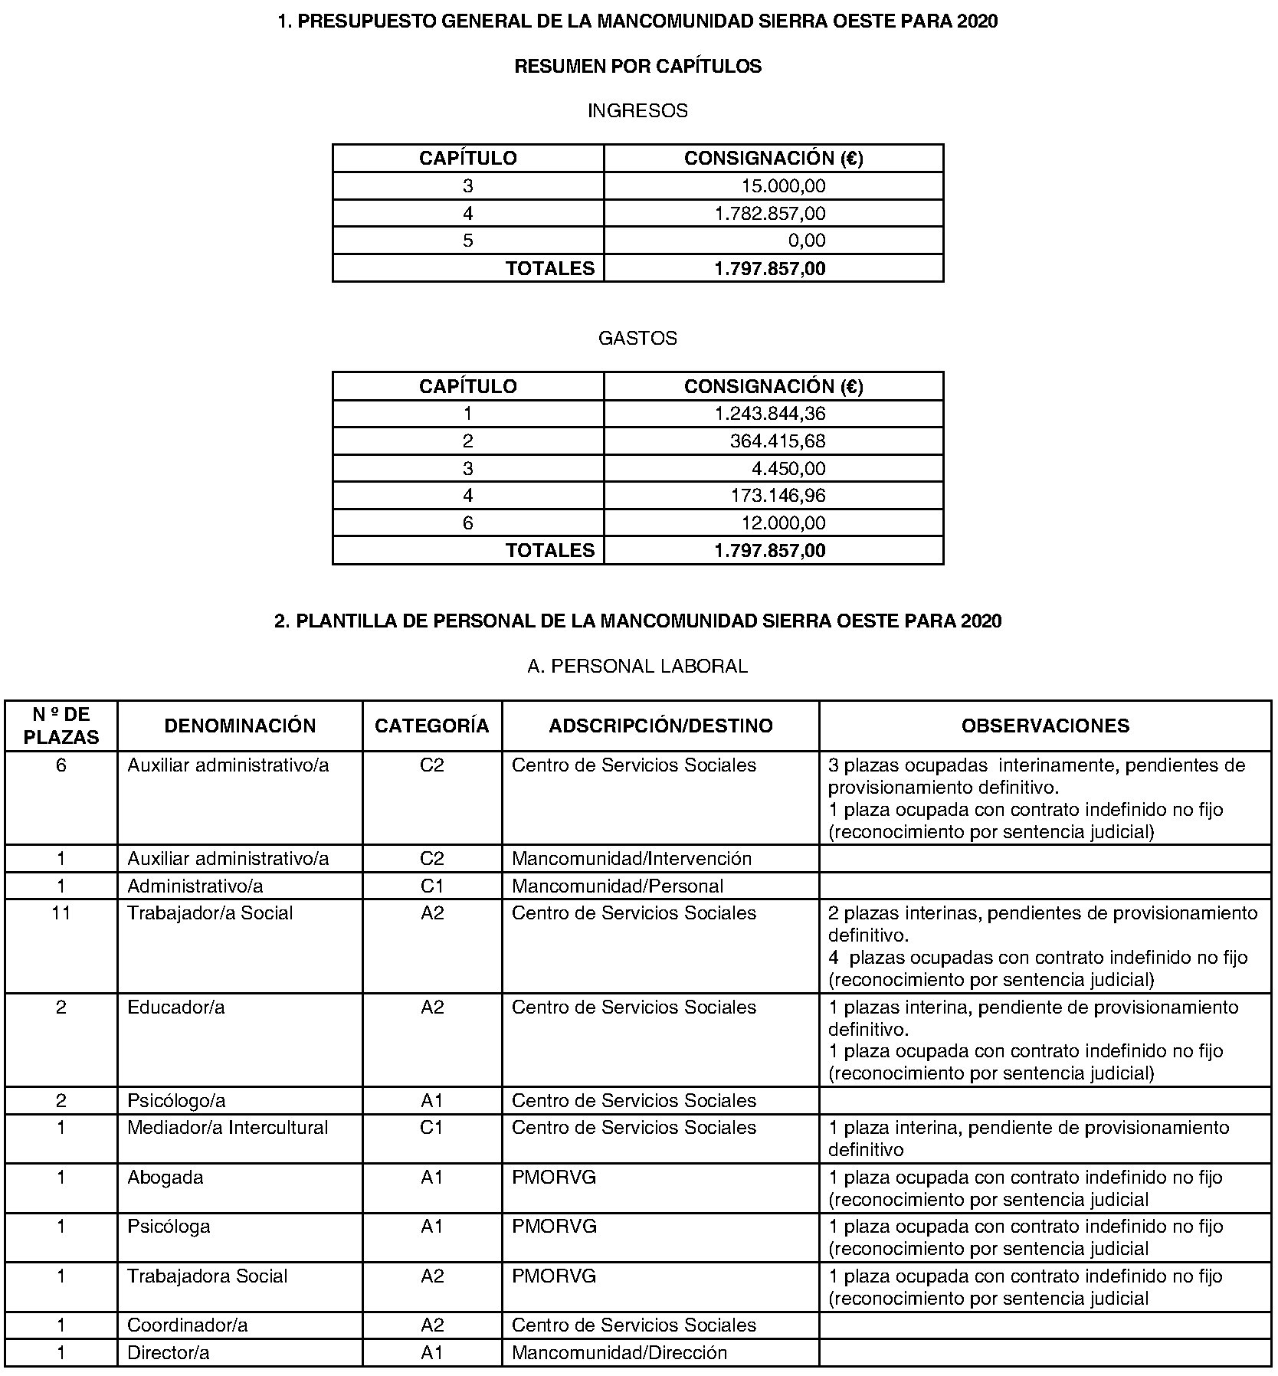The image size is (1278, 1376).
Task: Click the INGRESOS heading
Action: pos(637,111)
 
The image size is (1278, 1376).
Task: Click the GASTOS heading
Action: pos(637,339)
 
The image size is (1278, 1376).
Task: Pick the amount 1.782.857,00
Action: pos(770,214)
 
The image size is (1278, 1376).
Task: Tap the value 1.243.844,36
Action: pos(770,414)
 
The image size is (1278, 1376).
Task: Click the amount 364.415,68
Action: pos(778,441)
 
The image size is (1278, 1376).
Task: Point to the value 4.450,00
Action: pos(788,469)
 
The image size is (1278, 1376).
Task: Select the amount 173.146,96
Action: pos(778,496)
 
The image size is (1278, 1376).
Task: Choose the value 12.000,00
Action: pos(783,523)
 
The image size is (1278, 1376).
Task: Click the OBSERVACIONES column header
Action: pos(1045,726)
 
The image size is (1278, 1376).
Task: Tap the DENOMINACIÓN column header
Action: pos(240,726)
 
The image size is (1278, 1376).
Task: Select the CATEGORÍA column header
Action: pos(431,726)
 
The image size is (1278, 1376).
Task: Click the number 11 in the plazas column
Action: pos(61,913)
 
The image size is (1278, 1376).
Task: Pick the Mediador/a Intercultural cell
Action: pos(228,1128)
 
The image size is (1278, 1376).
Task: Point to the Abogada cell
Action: pos(165,1178)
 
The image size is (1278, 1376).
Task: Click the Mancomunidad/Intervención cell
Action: pos(631,859)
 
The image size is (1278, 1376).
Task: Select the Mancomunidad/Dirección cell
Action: pos(619,1353)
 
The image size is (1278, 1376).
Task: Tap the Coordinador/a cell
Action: pos(188,1325)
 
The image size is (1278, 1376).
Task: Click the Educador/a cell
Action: pos(176,1007)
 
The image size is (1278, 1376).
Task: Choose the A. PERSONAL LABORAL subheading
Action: pos(637,667)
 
